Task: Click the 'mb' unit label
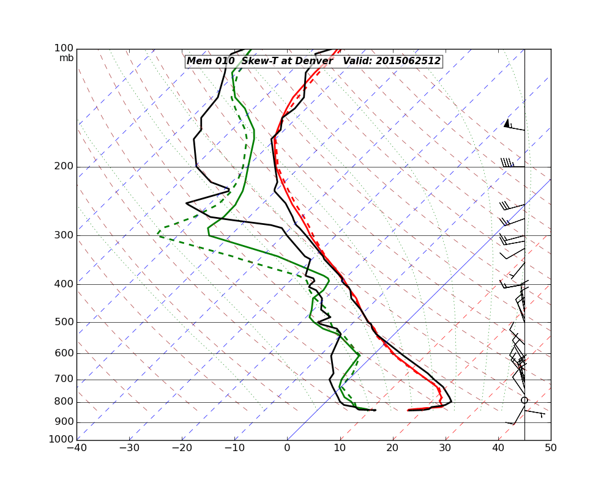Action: click(66, 58)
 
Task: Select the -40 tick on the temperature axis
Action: click(76, 448)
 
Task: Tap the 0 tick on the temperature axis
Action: click(287, 448)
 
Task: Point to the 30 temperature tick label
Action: click(446, 448)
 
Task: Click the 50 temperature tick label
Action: click(551, 448)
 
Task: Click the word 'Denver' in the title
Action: click(312, 61)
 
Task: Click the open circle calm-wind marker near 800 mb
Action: click(524, 400)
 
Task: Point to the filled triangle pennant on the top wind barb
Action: click(507, 123)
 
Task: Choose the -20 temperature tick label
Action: click(182, 448)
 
